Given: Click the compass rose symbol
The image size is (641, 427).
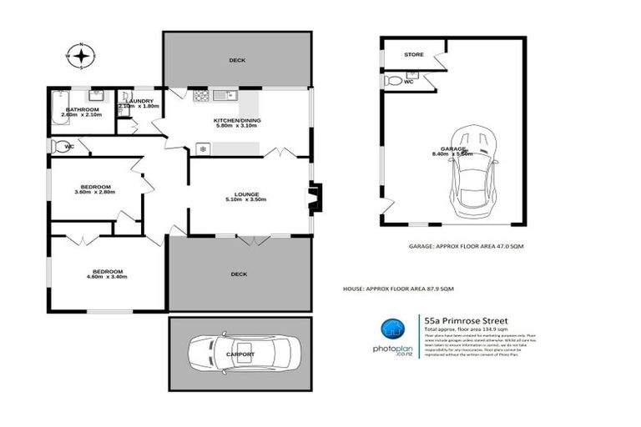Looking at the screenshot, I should (x=81, y=56).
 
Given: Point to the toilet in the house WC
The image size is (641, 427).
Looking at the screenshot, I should (x=56, y=146).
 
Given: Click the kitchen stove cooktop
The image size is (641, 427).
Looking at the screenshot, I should (x=201, y=96).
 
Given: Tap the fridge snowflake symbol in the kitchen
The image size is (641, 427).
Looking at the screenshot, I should (x=201, y=148).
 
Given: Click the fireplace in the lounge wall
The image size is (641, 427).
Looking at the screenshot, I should (x=314, y=198).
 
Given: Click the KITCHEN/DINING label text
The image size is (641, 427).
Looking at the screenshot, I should (x=238, y=120).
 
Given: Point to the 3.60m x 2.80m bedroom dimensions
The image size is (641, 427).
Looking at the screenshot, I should (x=94, y=193).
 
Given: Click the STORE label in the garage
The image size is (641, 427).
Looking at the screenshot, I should (x=414, y=55).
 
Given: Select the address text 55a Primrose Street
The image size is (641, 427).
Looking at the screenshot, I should (x=465, y=319).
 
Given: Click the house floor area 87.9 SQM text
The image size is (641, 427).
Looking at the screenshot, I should (x=398, y=289).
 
